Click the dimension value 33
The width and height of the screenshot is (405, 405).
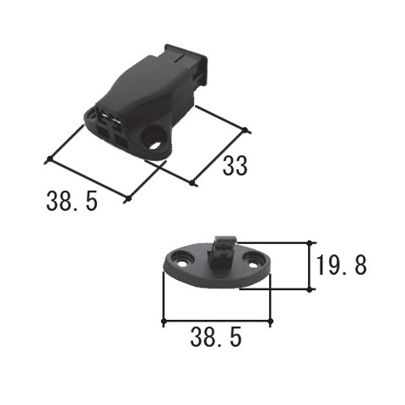click(x=235, y=165)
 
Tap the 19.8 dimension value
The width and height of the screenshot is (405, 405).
click(x=341, y=265)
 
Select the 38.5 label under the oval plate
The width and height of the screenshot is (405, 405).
click(x=216, y=337)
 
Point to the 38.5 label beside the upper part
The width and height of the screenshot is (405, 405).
click(x=72, y=201)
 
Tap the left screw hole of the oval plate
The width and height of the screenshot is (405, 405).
click(x=181, y=260)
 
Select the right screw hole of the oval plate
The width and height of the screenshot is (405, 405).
click(x=251, y=261)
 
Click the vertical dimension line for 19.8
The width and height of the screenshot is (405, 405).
click(x=310, y=266)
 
